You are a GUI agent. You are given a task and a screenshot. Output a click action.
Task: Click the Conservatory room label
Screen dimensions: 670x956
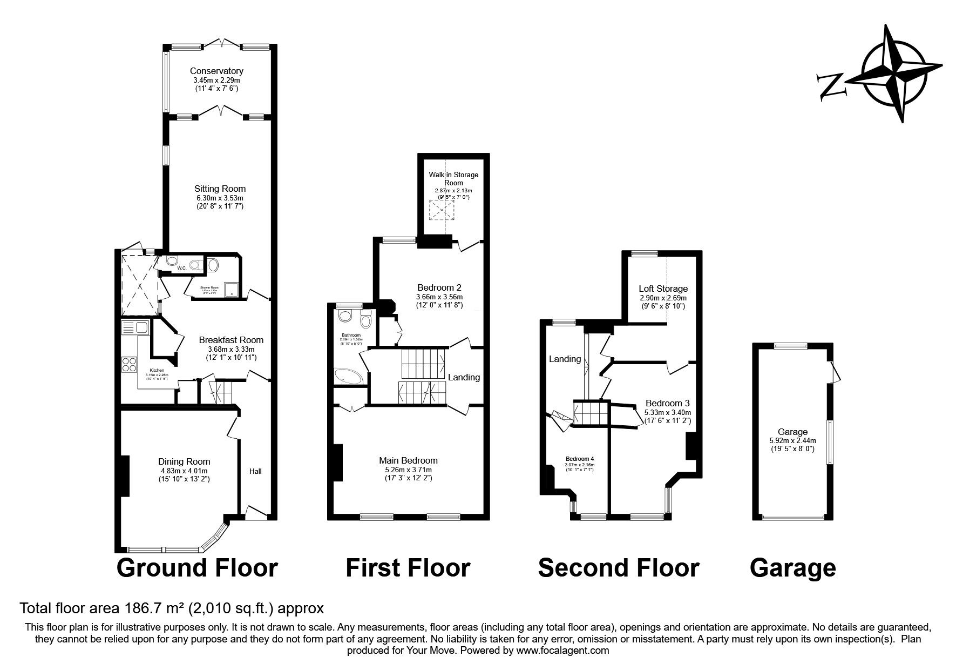(x=216, y=71)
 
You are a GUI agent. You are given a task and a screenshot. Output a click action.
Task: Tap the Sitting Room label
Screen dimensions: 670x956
(x=220, y=189)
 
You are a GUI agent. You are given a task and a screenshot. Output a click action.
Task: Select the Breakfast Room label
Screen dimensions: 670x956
(x=231, y=340)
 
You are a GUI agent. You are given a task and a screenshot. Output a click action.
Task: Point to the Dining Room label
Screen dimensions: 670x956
(x=184, y=461)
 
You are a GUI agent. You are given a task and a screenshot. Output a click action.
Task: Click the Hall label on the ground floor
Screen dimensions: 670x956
(x=255, y=471)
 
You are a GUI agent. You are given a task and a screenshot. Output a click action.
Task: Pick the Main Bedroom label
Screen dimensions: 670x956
(x=408, y=460)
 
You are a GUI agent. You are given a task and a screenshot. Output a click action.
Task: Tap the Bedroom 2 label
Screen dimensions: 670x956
(x=439, y=287)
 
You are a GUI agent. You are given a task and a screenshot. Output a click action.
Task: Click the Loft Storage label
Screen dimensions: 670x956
(x=663, y=289)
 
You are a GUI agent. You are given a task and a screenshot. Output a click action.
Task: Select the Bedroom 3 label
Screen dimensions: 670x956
(x=667, y=403)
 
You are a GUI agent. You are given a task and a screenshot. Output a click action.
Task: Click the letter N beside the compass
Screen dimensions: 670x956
(x=830, y=87)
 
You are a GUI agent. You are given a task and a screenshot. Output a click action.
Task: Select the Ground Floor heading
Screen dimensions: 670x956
(x=197, y=568)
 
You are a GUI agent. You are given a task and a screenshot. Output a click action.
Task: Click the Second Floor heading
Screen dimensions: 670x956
(x=619, y=568)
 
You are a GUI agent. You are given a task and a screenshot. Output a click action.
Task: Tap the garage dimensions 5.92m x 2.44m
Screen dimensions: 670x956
(x=792, y=440)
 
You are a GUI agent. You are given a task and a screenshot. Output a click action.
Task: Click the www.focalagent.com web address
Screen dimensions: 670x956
(x=562, y=651)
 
